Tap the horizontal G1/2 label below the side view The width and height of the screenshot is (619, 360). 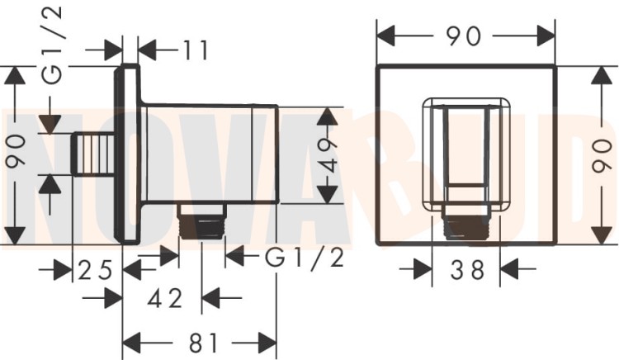point(304,258)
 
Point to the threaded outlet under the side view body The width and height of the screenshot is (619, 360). point(201,224)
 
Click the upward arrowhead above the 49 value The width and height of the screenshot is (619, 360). point(328,116)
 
